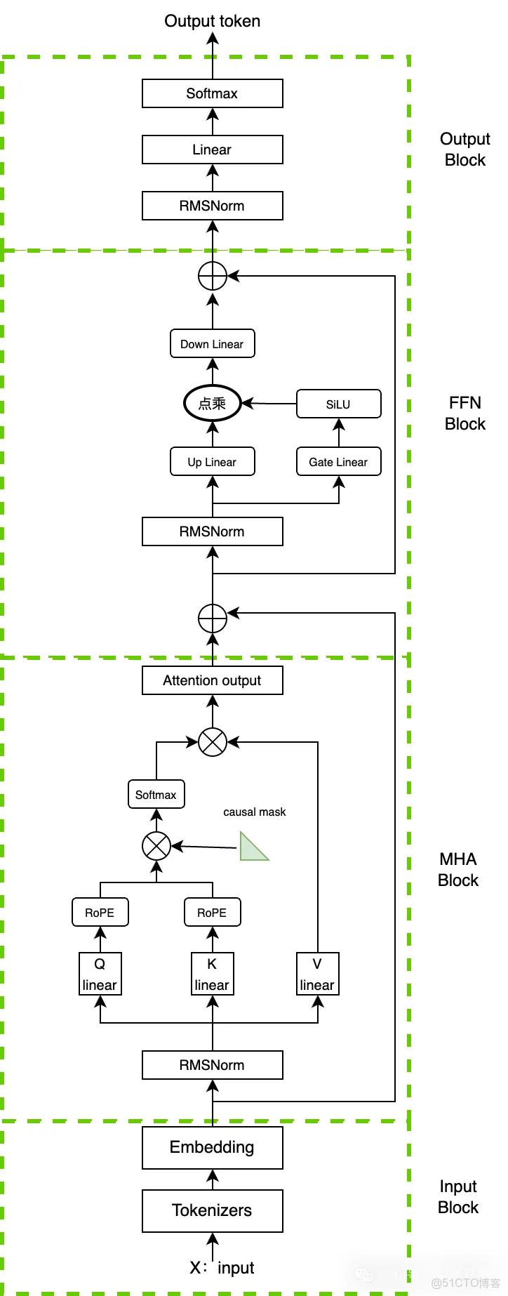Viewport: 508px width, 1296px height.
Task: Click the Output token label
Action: point(212,21)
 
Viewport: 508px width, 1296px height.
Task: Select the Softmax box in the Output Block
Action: point(212,93)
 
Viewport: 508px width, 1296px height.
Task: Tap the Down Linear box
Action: point(212,344)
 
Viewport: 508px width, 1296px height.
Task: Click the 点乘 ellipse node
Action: point(212,403)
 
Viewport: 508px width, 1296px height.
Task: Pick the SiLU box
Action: point(338,404)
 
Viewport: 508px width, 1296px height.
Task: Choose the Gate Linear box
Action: point(338,462)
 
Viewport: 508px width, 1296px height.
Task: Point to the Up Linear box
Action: point(212,462)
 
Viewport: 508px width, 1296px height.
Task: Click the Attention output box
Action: point(212,680)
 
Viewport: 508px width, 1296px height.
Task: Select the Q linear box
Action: point(100,974)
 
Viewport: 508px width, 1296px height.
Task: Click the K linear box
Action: point(212,974)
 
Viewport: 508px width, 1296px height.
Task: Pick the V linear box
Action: point(317,974)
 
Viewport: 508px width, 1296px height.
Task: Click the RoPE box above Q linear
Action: point(100,913)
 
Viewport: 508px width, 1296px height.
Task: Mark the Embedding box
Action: point(212,1147)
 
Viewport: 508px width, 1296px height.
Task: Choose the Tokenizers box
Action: point(212,1210)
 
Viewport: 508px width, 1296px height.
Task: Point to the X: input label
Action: point(222,1267)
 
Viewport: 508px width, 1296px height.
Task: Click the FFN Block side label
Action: point(464,413)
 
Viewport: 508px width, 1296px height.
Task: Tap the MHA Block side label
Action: point(457,869)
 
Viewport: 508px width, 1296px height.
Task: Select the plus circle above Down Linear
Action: point(212,276)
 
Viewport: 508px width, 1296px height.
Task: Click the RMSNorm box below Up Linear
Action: point(212,531)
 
